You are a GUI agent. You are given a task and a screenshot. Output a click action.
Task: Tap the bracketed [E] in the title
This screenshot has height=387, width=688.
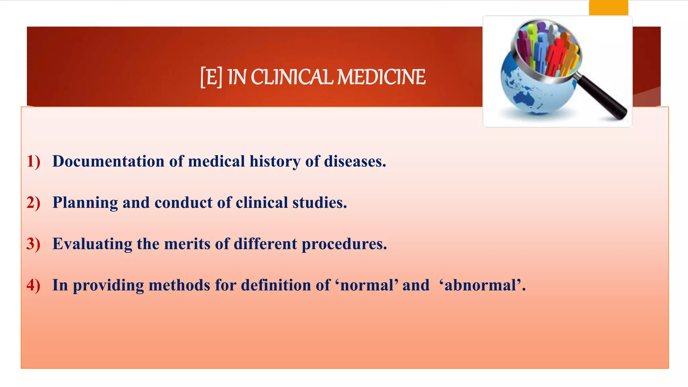211,77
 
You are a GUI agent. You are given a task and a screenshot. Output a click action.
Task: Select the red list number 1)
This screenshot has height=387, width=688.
33,161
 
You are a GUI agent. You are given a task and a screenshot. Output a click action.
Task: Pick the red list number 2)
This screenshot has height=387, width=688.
33,203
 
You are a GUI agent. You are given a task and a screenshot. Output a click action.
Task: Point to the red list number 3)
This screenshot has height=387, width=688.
33,244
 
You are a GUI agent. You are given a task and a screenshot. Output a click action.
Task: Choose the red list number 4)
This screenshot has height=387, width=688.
33,285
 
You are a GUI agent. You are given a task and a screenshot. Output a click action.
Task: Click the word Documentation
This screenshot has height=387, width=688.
108,161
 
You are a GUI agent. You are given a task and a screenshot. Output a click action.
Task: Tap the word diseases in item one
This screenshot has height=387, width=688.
355,161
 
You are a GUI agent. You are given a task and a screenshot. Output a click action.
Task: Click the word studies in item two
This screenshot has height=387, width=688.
319,203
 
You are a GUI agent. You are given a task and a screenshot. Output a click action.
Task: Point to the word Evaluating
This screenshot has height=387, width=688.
92,244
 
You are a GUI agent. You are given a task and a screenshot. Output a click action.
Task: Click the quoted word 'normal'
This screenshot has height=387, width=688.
367,285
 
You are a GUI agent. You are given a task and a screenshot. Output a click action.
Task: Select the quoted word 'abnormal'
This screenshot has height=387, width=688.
482,285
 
